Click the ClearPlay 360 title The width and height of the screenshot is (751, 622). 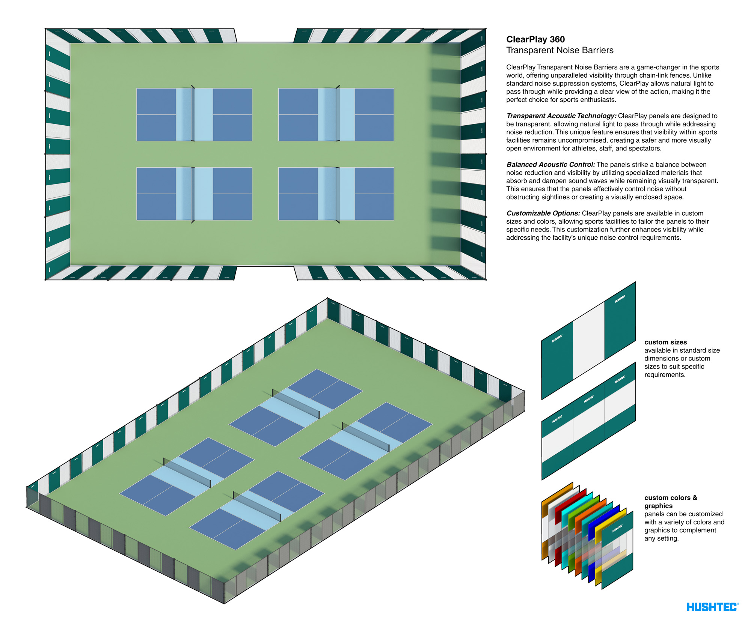535,39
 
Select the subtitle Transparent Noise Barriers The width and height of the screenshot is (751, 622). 559,50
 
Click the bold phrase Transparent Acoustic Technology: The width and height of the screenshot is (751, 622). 561,116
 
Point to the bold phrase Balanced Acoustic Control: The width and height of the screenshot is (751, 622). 550,165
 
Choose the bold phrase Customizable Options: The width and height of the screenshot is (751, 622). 543,213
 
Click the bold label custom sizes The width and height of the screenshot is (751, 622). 665,342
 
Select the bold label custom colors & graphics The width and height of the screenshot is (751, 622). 671,502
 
